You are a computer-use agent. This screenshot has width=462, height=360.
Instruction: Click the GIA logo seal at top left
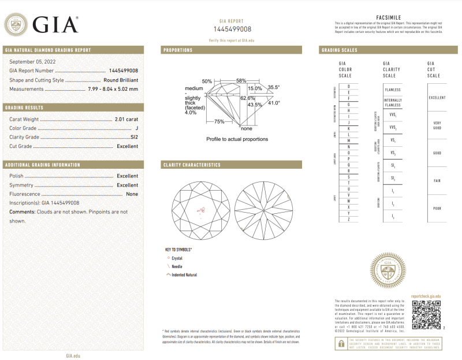(x=15, y=24)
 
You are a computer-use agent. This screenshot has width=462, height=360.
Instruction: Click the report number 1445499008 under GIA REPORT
(x=232, y=29)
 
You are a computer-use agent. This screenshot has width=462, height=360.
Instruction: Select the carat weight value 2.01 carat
(x=126, y=118)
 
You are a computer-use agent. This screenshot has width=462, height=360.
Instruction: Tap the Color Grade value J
(x=136, y=128)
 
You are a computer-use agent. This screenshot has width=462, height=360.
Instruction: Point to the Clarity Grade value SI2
(x=134, y=137)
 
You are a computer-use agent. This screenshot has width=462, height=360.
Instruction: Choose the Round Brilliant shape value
(x=121, y=80)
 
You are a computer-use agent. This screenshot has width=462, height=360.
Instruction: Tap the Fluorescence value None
(x=132, y=194)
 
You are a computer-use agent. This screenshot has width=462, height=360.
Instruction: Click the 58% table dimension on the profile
(x=241, y=80)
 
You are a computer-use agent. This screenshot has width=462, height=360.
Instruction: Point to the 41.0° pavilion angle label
(x=273, y=103)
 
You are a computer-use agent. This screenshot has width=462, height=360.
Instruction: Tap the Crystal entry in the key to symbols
(x=177, y=258)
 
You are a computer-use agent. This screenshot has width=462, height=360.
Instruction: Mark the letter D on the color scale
(x=348, y=86)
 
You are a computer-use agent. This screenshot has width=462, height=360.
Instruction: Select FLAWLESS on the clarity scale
(x=393, y=90)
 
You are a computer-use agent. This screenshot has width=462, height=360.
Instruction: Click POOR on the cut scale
(x=437, y=208)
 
